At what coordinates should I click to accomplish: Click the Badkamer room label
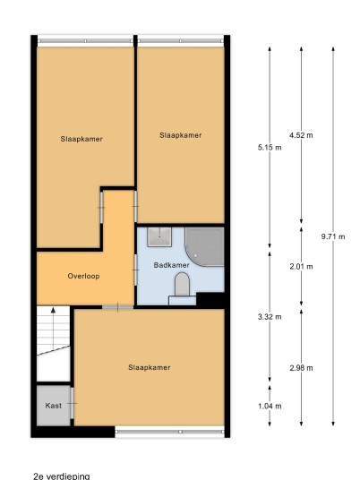(171, 265)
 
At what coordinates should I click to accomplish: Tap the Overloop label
(83, 276)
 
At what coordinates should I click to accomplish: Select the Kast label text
(53, 406)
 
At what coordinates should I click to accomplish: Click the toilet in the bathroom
(182, 285)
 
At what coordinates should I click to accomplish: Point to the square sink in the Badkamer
(159, 236)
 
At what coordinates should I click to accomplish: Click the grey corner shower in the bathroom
(204, 247)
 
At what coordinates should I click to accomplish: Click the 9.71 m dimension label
(333, 236)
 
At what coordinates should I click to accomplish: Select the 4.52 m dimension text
(301, 135)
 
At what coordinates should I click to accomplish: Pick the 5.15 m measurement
(270, 148)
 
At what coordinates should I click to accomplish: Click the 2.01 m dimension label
(301, 267)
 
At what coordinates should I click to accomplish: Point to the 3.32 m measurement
(270, 317)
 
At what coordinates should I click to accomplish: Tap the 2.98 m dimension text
(301, 368)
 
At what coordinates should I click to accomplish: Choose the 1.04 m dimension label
(270, 406)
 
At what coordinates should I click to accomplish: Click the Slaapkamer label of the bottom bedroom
(149, 367)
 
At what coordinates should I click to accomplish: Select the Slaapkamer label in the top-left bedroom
(81, 139)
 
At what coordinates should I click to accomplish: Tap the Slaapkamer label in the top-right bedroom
(181, 135)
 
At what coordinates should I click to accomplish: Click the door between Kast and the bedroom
(73, 403)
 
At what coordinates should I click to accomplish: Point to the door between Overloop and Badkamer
(135, 270)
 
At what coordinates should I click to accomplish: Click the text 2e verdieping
(62, 476)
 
